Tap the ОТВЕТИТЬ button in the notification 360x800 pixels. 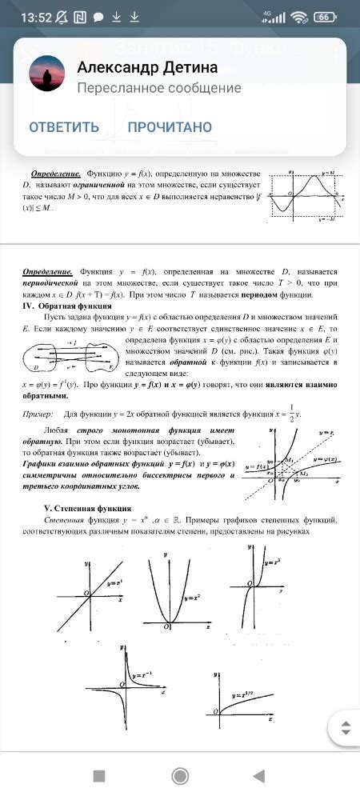[x=64, y=127]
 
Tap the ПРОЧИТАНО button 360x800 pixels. [x=170, y=127]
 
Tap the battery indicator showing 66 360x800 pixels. [x=324, y=17]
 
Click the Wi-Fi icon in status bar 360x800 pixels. [x=300, y=17]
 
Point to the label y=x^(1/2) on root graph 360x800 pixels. [x=246, y=698]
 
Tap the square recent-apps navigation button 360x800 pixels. [x=99, y=775]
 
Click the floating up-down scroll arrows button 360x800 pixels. [x=346, y=729]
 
